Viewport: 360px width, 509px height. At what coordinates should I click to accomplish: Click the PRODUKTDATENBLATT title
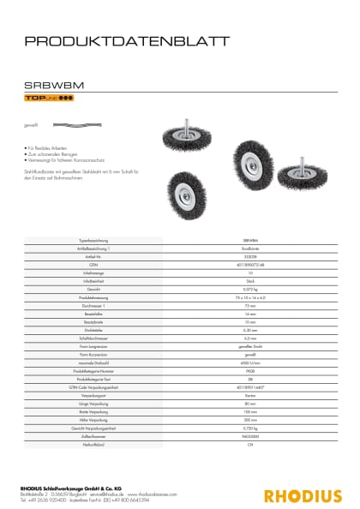tap(127, 39)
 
